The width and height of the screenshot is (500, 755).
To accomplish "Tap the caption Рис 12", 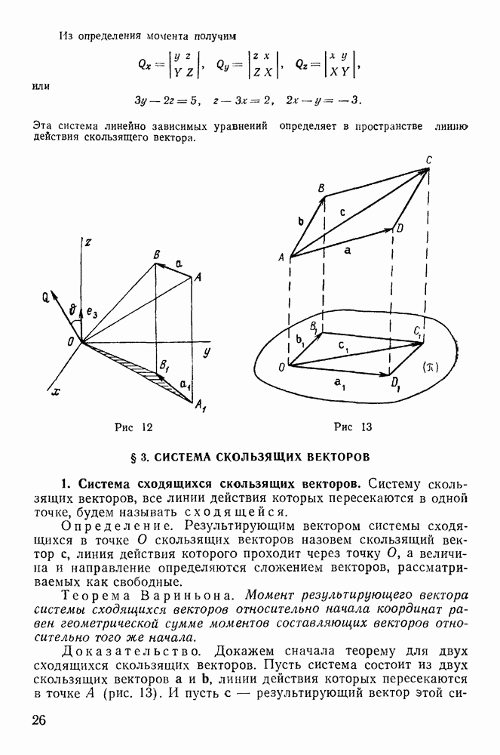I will coord(133,427).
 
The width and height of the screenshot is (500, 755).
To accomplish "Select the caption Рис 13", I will coord(353,427).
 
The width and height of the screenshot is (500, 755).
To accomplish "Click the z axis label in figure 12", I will coord(88,242).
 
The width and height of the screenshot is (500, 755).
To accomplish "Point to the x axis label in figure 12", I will coord(55,392).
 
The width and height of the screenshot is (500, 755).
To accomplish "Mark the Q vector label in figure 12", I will coord(46,297).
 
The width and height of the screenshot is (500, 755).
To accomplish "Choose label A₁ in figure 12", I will coord(200,408).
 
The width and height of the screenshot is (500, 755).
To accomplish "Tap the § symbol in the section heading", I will coord(135,457).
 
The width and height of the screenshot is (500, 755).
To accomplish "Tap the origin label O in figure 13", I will coord(281,368).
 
